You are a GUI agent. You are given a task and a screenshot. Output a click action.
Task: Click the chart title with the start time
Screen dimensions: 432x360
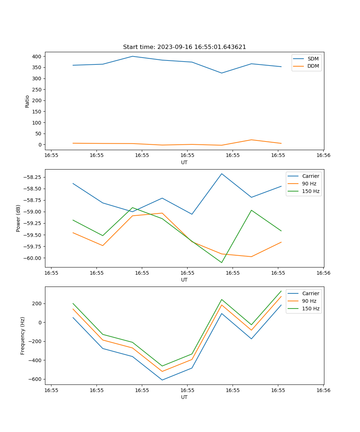click(x=184, y=47)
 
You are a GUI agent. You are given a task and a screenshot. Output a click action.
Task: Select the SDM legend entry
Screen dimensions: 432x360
click(x=313, y=59)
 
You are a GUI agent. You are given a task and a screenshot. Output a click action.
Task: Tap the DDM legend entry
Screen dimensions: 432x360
click(x=313, y=66)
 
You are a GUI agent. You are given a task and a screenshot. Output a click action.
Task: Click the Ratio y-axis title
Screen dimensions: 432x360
click(x=27, y=101)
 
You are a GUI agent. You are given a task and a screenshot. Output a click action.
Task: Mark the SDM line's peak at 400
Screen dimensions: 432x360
click(x=132, y=56)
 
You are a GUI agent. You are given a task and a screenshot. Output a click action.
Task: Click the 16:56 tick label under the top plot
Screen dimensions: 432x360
click(x=323, y=156)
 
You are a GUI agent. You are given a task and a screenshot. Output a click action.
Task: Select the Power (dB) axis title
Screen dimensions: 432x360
click(x=18, y=218)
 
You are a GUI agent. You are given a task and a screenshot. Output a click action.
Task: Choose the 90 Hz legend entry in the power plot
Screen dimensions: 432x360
click(x=309, y=184)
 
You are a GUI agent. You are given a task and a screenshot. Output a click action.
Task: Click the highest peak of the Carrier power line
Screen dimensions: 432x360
click(x=222, y=174)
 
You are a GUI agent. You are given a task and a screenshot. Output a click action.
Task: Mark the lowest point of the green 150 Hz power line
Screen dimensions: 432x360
click(x=222, y=262)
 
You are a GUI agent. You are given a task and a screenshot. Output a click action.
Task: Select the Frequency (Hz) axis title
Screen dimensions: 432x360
click(x=23, y=336)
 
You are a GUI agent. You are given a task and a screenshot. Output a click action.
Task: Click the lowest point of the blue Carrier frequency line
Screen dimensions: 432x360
click(x=162, y=380)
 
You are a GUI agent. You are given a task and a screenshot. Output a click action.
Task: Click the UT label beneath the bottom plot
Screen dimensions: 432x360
click(x=184, y=397)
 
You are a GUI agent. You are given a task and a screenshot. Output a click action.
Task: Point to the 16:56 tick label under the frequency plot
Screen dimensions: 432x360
click(x=323, y=390)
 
